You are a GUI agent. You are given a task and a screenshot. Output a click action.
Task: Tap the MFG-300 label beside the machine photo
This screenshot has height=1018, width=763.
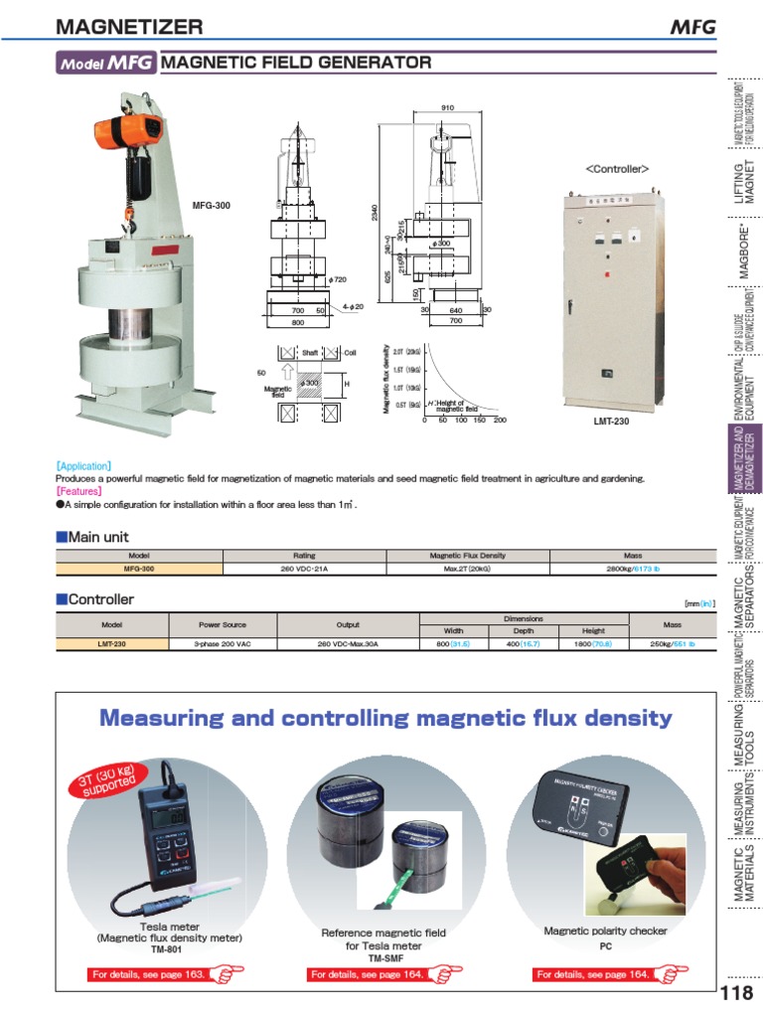point(211,206)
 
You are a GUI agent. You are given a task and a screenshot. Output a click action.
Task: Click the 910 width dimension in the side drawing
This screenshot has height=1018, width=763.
point(447,107)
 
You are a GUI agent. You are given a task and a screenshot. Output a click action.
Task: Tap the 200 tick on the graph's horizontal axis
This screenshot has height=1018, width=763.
point(500,421)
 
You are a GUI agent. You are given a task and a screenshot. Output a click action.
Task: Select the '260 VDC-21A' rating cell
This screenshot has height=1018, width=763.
point(304,570)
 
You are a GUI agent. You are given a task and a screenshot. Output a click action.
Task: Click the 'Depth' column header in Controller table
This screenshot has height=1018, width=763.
point(523,631)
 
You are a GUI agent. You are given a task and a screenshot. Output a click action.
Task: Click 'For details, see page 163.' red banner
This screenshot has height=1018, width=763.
point(149,974)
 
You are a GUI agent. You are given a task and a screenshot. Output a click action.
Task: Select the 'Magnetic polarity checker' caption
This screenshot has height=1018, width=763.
point(605,932)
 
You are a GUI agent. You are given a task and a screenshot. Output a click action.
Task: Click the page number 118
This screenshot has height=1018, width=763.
point(736,993)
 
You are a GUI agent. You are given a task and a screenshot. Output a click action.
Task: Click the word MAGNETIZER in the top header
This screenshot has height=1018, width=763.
point(129,27)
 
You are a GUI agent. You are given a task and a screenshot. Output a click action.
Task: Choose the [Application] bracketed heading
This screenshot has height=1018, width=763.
point(83,465)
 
